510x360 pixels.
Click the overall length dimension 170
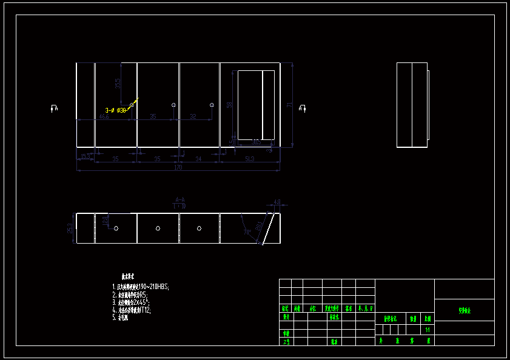pyautogui.click(x=178, y=167)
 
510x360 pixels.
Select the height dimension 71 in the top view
pyautogui.click(x=289, y=105)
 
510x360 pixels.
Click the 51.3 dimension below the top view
pyautogui.click(x=249, y=159)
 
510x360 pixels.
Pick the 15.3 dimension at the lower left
pyautogui.click(x=86, y=156)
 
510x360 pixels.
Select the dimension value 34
pyautogui.click(x=198, y=159)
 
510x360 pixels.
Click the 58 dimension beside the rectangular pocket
pyautogui.click(x=229, y=105)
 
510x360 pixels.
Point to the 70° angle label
pyautogui.click(x=247, y=232)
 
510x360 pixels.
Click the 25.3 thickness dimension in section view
pyautogui.click(x=70, y=228)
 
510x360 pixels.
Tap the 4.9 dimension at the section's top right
pyautogui.click(x=277, y=202)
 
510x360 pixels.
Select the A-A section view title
pyautogui.click(x=180, y=199)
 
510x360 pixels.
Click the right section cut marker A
pyautogui.click(x=303, y=108)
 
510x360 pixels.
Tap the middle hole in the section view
pyautogui.click(x=158, y=228)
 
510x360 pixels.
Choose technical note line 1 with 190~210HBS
pyautogui.click(x=141, y=287)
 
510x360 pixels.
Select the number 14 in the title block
pyautogui.click(x=428, y=330)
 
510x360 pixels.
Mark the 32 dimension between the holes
pyautogui.click(x=193, y=116)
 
